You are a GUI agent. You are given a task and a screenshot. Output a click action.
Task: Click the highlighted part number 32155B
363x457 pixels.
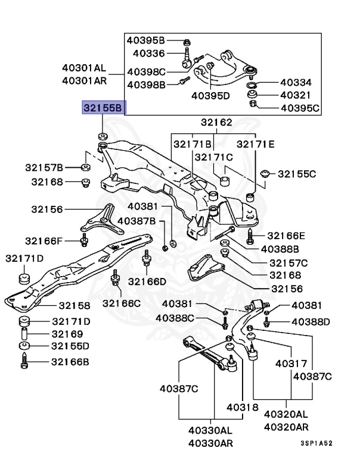click(x=104, y=108)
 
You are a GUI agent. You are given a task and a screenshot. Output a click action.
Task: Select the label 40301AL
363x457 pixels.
click(x=84, y=68)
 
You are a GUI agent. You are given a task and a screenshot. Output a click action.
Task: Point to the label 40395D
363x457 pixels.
click(x=210, y=95)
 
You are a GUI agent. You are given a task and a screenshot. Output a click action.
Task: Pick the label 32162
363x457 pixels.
click(x=216, y=123)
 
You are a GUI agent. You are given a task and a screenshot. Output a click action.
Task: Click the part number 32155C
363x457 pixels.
click(x=297, y=174)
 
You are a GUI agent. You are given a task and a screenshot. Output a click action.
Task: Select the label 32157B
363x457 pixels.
click(x=44, y=167)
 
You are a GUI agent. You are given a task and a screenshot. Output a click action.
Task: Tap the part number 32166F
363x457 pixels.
click(x=44, y=241)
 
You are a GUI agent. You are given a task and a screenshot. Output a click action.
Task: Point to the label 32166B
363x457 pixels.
click(x=70, y=361)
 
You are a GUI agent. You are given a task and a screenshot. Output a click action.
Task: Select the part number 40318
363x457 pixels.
click(x=242, y=408)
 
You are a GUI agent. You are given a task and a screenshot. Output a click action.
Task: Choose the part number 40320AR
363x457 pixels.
click(x=286, y=427)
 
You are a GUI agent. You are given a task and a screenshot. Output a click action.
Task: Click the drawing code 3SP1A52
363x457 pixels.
click(x=317, y=443)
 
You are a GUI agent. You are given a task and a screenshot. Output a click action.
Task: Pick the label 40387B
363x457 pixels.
click(x=136, y=221)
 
